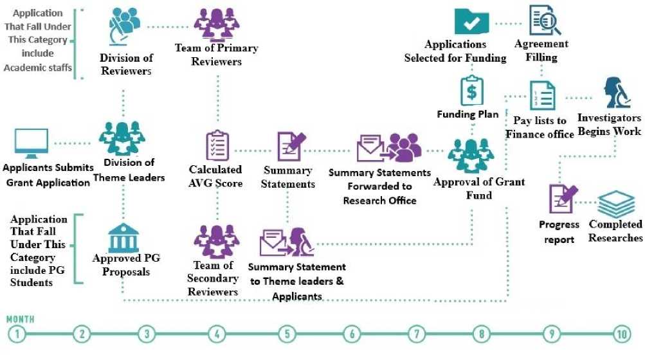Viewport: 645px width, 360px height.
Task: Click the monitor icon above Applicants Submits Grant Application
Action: click(x=32, y=143)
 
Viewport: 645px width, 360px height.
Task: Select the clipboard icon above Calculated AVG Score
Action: click(x=215, y=146)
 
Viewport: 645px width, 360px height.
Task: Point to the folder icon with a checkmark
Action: click(x=473, y=21)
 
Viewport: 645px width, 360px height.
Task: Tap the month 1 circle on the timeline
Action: click(x=17, y=334)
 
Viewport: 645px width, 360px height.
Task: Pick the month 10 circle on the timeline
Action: click(x=621, y=334)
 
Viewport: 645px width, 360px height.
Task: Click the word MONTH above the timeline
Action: click(x=21, y=319)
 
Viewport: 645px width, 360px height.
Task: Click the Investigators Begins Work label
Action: click(x=608, y=125)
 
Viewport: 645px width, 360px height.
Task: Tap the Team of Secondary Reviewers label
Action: click(x=213, y=278)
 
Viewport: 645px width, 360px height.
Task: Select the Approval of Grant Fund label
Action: click(x=470, y=188)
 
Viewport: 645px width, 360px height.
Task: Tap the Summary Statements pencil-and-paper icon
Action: click(x=289, y=146)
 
